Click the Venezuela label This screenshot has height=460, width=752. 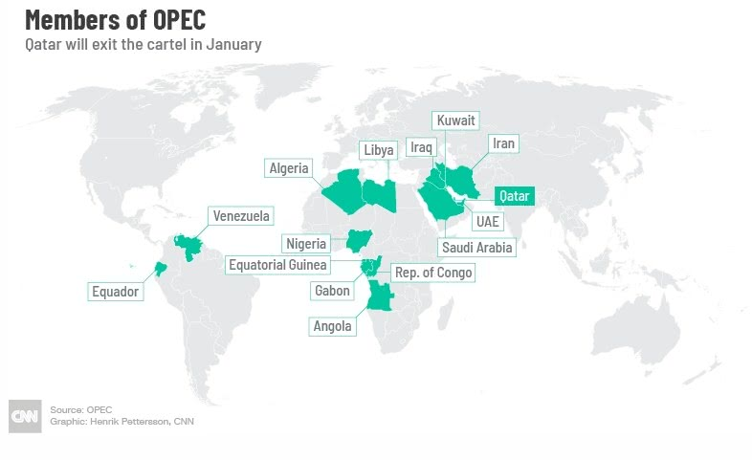[x=241, y=214]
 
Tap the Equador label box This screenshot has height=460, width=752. [x=115, y=291]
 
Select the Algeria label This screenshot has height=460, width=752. [x=289, y=168]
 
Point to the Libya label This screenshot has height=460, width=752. [x=378, y=150]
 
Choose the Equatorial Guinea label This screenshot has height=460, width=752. [x=277, y=265]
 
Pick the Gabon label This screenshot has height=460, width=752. [x=332, y=290]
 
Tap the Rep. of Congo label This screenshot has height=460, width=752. [x=432, y=273]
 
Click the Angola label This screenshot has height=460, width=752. [x=333, y=325]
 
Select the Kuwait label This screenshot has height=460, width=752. [x=455, y=120]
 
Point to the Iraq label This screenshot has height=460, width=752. [x=422, y=146]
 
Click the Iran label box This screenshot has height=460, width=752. [x=502, y=143]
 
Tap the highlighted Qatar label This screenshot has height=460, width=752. [x=514, y=196]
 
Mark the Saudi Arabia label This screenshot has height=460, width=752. [x=476, y=247]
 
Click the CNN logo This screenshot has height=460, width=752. [x=24, y=415]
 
